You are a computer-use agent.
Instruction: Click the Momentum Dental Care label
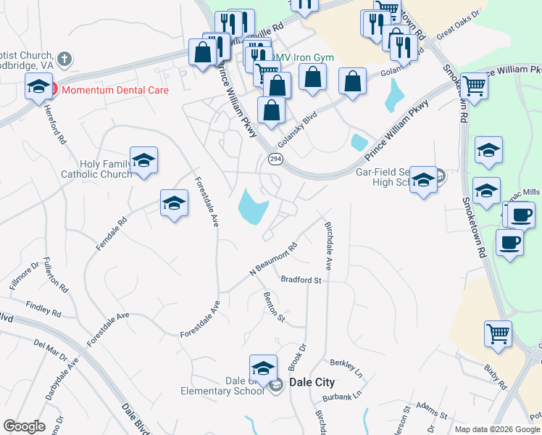[114, 91]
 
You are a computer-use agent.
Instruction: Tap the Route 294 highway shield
[275, 159]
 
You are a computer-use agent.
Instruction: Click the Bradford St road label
[301, 279]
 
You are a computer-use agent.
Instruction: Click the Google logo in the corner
[24, 426]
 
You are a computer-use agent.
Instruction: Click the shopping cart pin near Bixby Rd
[499, 335]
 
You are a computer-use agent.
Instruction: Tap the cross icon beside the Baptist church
[64, 59]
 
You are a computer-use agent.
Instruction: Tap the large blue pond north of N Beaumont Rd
[252, 205]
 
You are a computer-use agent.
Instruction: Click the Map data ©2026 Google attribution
[496, 429]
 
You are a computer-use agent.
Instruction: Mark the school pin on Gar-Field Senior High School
[423, 181]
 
